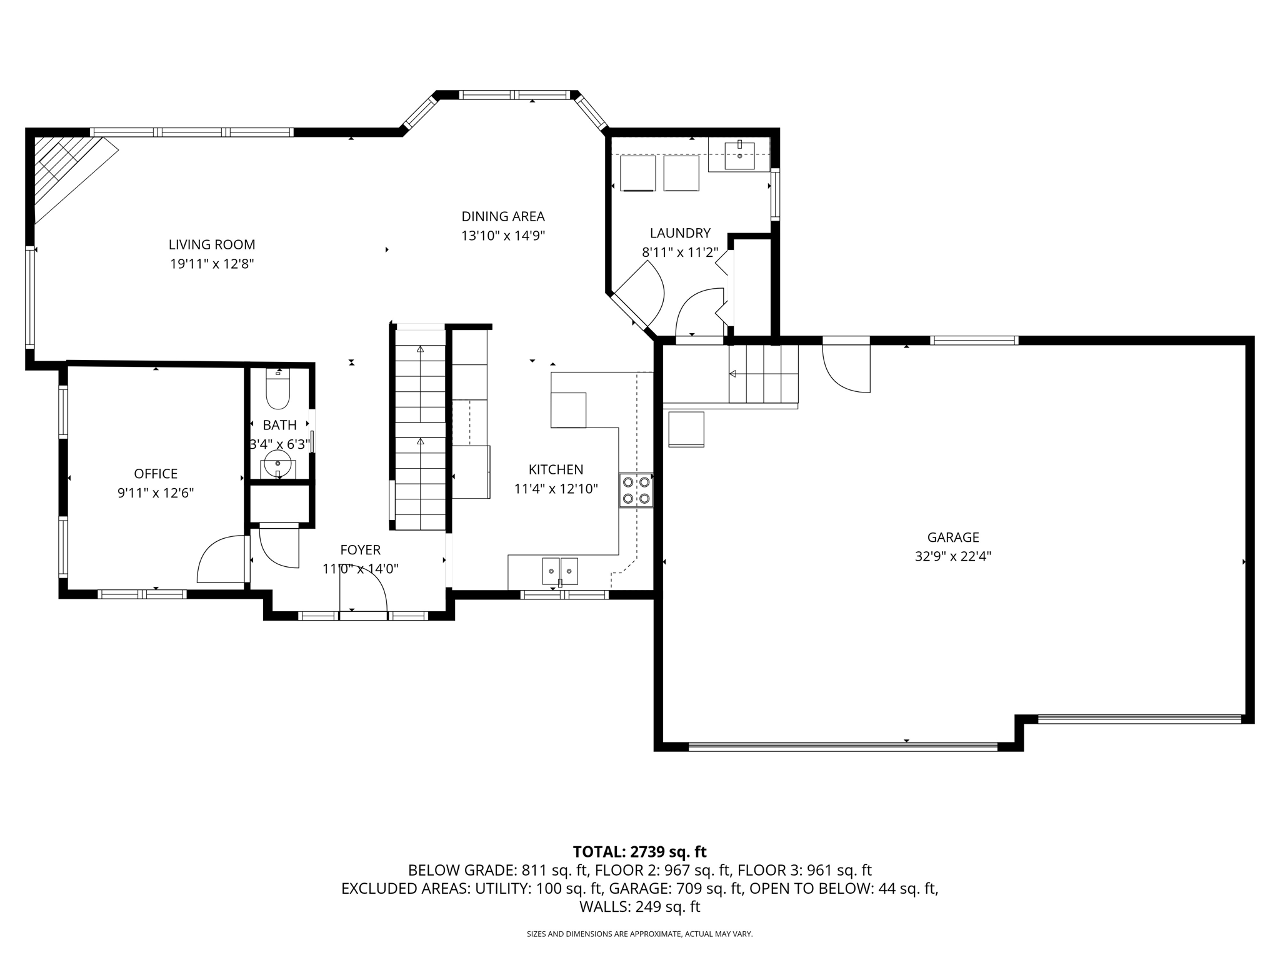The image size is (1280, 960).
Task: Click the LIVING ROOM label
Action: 212,244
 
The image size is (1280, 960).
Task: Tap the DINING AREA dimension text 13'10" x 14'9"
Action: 503,236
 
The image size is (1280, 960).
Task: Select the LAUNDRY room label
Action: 680,233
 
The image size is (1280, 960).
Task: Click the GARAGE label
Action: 953,537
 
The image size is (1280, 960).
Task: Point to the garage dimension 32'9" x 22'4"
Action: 953,556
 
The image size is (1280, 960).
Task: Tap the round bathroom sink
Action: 277,464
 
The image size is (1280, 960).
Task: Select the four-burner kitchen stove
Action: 636,490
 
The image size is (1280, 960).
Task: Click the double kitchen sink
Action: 560,571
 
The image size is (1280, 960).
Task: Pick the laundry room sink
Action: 739,156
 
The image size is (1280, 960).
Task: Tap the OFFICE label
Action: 156,474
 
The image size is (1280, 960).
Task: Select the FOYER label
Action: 360,550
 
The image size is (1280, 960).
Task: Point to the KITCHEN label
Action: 556,469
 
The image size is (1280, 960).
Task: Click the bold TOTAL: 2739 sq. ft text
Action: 639,851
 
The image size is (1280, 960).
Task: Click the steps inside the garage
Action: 763,374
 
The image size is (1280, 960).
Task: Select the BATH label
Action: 279,425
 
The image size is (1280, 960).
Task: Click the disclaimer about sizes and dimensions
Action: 639,934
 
